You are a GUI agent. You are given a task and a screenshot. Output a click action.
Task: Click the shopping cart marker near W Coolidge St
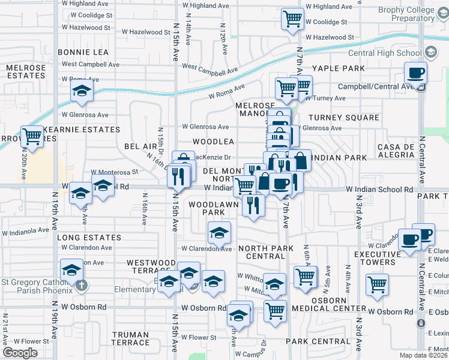(292, 19)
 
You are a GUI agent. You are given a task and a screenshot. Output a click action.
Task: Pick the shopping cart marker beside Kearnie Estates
(32, 136)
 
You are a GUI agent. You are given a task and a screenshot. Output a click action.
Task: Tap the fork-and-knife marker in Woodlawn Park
(254, 206)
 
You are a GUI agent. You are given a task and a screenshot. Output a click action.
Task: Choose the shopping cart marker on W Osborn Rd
(275, 311)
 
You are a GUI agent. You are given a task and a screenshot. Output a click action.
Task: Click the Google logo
(20, 353)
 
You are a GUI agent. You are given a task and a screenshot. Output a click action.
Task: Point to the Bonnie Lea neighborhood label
(83, 52)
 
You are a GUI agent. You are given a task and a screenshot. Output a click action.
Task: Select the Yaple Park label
(338, 68)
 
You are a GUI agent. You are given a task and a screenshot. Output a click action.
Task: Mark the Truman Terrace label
(130, 338)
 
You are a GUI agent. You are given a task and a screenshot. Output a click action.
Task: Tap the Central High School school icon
(431, 52)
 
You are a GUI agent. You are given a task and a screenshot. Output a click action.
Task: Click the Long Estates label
(89, 238)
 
